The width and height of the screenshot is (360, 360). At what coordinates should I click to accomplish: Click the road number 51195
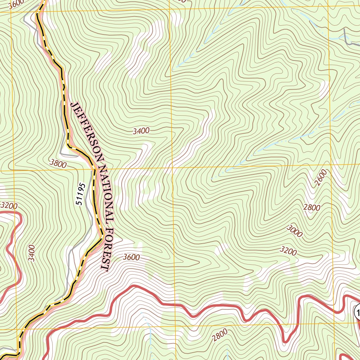tap(81, 194)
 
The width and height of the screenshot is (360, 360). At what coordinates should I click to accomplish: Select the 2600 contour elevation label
tap(321, 178)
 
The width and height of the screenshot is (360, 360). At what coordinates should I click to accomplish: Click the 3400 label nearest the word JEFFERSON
tap(141, 131)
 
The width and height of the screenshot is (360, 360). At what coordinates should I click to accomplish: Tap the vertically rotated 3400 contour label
tap(32, 253)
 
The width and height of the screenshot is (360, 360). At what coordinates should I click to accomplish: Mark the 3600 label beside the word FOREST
tap(131, 257)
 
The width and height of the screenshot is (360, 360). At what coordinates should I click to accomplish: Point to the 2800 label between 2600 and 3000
tap(312, 207)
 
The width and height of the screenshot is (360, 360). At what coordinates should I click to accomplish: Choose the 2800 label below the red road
tap(220, 335)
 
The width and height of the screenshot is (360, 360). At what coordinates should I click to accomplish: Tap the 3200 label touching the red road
tap(9, 205)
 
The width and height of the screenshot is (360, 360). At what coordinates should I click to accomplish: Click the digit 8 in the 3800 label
tap(56, 162)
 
